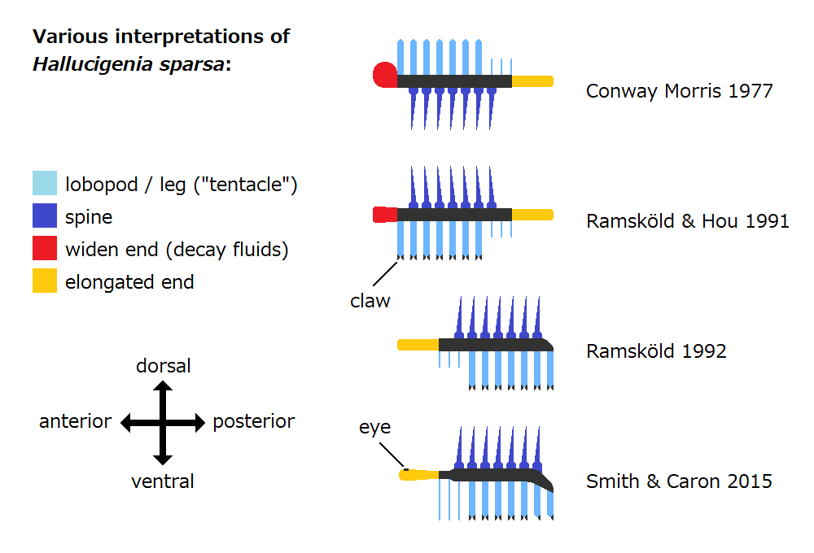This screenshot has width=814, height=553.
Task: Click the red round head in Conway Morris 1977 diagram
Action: pos(384,75)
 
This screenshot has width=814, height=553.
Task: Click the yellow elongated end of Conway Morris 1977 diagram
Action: pos(532,81)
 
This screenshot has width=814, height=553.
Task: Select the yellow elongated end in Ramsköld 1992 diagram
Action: pos(418,345)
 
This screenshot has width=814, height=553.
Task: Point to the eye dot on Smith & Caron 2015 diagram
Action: pos(405,469)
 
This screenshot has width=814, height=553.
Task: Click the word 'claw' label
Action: pos(370,301)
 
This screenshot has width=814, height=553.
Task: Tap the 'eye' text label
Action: pos(375,427)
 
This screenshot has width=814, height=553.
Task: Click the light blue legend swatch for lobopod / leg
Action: pos(45,184)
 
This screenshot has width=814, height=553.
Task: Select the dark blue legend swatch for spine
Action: pos(45,216)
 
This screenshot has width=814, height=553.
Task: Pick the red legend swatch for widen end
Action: pos(45,248)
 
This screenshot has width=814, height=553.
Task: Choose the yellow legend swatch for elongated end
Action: pos(45,281)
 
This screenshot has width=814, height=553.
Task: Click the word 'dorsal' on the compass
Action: pos(163,366)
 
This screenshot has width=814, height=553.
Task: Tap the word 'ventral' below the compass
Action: pos(163,481)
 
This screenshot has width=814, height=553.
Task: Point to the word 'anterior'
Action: pos(75,421)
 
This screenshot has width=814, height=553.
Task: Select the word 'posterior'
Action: pos(254,421)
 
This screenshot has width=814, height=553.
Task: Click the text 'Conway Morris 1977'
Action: pos(679,90)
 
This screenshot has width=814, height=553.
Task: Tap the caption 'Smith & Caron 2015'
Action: pos(679,481)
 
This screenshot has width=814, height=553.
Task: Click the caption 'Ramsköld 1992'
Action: pos(656,351)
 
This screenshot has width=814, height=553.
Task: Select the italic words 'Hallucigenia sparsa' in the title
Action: pos(128,64)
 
